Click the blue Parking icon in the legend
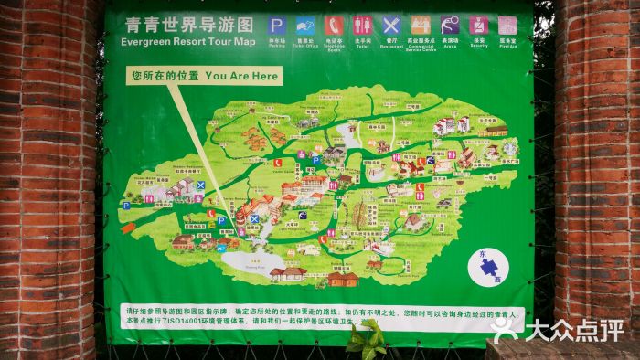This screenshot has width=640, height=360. (277, 26)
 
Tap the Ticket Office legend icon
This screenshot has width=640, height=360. (306, 26)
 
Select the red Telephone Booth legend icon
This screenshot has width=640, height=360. (335, 26)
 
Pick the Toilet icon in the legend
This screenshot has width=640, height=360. (363, 26)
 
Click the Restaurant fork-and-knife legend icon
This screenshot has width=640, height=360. (391, 26)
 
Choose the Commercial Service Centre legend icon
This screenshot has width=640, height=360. (421, 26)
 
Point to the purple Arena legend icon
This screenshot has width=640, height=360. (450, 26)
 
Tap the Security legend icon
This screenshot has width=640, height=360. (479, 26)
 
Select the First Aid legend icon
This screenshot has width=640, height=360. (507, 26)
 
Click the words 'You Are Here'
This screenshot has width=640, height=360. (241, 77)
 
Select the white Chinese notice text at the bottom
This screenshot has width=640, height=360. (320, 316)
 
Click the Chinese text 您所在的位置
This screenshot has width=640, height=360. (164, 77)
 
